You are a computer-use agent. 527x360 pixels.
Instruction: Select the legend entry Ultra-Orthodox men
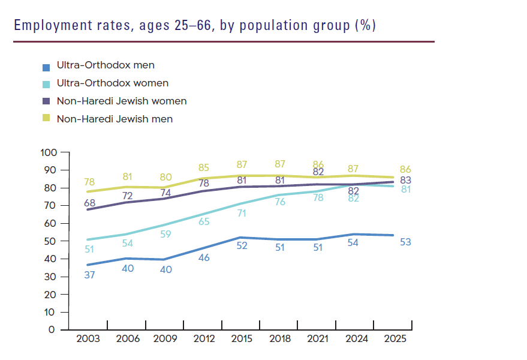(106, 65)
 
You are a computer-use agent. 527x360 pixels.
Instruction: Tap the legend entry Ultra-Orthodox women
(112, 83)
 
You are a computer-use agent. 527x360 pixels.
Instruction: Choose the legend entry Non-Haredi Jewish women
(121, 101)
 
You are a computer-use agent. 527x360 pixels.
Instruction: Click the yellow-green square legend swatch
(46, 119)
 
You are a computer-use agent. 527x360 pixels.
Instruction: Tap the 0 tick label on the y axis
(52, 330)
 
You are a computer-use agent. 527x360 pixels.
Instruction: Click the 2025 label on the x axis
(395, 338)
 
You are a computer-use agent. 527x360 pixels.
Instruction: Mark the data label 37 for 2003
(89, 275)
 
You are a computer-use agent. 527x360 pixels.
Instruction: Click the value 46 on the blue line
(205, 257)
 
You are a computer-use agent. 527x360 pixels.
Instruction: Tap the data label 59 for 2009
(165, 235)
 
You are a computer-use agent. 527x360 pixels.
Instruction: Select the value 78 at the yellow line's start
(89, 182)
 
